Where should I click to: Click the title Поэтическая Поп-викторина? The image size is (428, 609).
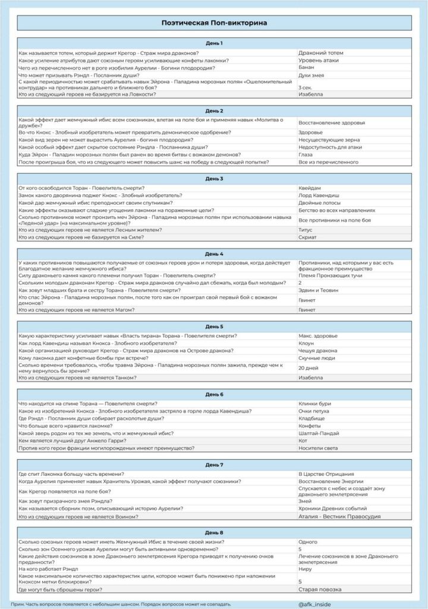214,23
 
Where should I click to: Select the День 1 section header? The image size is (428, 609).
214,43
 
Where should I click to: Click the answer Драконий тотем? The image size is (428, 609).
321,53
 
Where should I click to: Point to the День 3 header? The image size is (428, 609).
214,178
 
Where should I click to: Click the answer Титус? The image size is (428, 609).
306,230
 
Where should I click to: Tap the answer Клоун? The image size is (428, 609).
307,343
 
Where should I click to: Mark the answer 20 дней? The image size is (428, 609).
309,368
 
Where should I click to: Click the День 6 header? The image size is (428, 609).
214,394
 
